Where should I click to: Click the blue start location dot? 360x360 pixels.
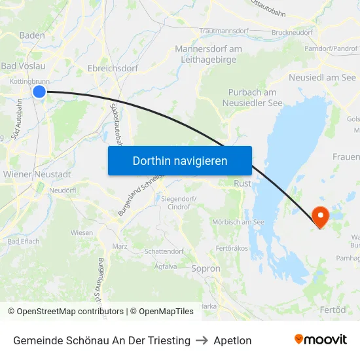[x=39, y=92]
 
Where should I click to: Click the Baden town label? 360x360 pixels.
[x=32, y=35]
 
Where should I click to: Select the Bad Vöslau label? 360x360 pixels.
[x=22, y=66]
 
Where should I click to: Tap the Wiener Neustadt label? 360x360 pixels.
[x=37, y=174]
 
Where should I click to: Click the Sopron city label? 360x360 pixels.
[x=206, y=268]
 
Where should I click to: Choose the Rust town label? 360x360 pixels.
[x=242, y=184]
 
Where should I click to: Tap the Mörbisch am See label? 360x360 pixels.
[x=238, y=222]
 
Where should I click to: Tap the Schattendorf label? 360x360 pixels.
[x=164, y=251]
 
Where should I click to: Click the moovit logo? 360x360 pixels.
[x=321, y=340]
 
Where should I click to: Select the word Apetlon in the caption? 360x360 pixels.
[x=232, y=340]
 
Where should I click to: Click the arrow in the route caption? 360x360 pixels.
[x=202, y=340]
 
